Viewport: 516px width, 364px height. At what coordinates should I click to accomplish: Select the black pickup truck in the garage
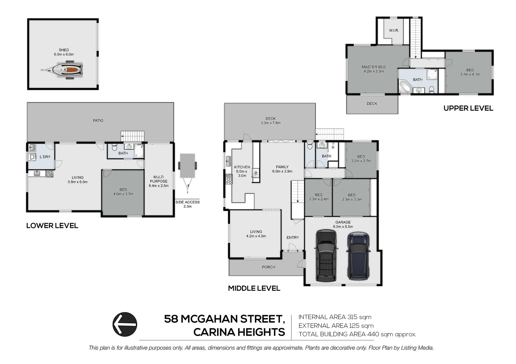click(x=326, y=255)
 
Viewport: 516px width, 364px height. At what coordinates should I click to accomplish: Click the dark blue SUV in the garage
click(x=358, y=255)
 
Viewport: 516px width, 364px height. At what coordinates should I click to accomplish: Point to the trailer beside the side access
click(x=188, y=167)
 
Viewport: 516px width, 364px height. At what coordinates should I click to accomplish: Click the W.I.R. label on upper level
click(x=394, y=30)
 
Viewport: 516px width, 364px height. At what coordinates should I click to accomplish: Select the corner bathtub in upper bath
click(x=405, y=87)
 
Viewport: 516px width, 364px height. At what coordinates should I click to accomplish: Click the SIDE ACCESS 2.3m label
click(x=187, y=204)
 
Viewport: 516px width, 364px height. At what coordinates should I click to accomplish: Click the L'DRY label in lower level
click(x=45, y=157)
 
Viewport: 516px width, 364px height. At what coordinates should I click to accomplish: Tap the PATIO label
click(x=98, y=120)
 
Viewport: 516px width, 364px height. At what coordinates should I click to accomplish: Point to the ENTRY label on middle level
click(x=293, y=237)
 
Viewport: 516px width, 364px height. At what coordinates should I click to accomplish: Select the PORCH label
click(x=268, y=267)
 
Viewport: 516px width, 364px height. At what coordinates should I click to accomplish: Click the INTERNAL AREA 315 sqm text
click(x=335, y=317)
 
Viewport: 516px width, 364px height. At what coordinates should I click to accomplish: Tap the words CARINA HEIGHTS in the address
click(x=239, y=332)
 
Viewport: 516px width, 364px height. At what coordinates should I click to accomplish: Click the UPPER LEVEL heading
click(x=468, y=108)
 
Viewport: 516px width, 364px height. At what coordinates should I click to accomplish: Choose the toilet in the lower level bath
click(x=114, y=148)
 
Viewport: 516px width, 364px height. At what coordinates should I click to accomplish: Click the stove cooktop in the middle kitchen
click(x=229, y=179)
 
